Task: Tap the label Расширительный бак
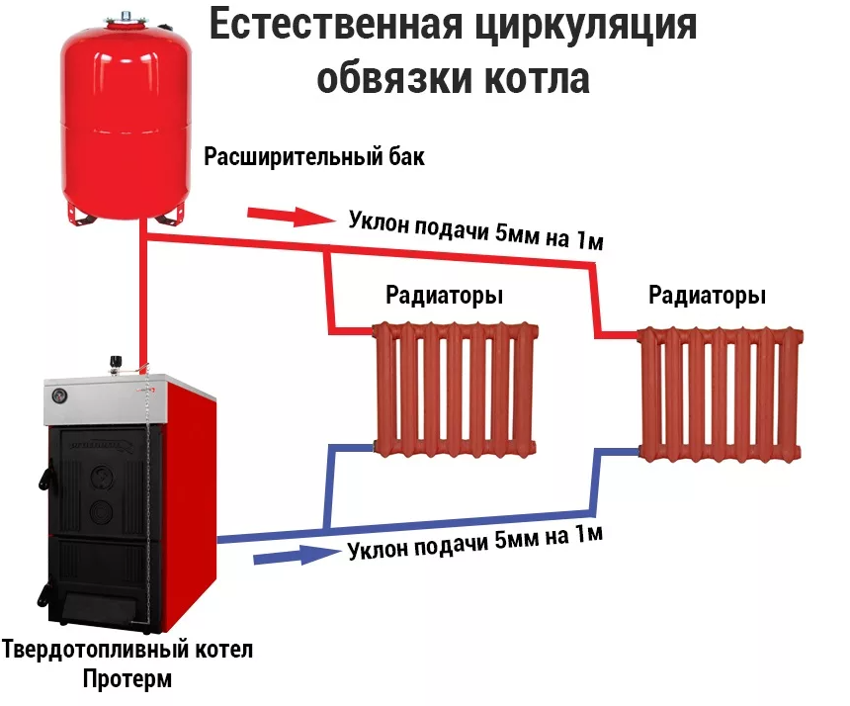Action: click(314, 157)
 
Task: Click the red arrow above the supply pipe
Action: click(287, 216)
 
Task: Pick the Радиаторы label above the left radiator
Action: click(444, 296)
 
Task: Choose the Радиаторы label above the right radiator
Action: click(708, 296)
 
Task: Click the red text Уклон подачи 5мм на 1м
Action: click(474, 229)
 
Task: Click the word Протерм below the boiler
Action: click(127, 680)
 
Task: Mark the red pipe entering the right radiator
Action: click(618, 334)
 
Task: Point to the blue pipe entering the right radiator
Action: click(618, 451)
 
